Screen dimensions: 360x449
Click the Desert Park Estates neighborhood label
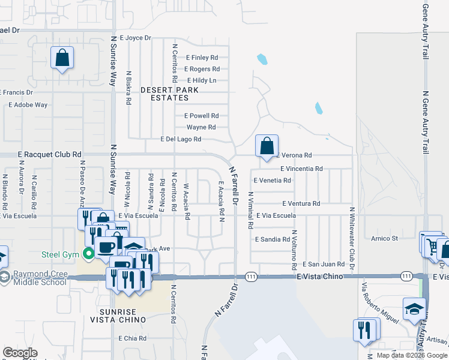[x=169, y=93]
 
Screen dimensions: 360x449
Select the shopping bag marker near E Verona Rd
[x=267, y=146]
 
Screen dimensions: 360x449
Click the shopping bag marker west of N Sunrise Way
[x=62, y=58]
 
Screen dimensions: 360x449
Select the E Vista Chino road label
[x=319, y=276]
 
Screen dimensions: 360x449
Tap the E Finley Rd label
[x=202, y=58]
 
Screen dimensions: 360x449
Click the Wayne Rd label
[x=201, y=127]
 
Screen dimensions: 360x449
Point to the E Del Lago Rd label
[x=180, y=139]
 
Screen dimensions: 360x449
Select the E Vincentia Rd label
[x=301, y=169]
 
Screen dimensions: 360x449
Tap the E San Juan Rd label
[x=323, y=263]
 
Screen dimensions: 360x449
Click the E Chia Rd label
[x=133, y=338]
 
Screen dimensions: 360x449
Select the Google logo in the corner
[x=20, y=353]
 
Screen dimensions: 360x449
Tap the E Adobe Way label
[x=28, y=104]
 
